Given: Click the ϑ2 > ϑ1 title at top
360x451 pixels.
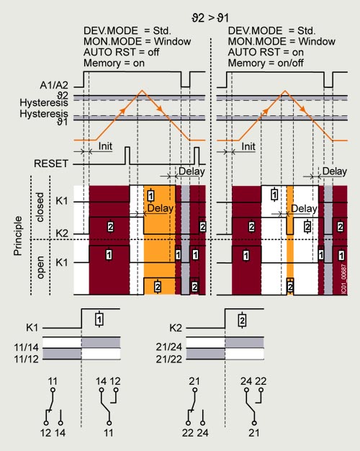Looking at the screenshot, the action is (210, 18).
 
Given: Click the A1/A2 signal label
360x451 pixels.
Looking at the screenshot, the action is (54, 85).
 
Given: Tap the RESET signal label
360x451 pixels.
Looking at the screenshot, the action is (51, 164).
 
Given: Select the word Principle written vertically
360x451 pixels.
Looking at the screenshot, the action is (18, 236).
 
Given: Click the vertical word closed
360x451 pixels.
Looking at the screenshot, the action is (40, 207).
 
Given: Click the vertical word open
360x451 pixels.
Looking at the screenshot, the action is (40, 267).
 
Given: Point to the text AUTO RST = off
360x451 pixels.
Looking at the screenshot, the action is (122, 53).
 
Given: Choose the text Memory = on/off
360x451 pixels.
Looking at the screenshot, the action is (266, 63).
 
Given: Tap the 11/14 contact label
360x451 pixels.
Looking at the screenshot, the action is (26, 347).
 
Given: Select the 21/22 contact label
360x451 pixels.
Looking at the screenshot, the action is (168, 360).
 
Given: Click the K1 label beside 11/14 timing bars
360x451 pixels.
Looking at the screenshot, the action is (32, 328).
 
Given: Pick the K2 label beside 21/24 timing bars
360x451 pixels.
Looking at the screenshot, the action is (176, 328).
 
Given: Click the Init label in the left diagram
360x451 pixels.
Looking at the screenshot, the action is (105, 146).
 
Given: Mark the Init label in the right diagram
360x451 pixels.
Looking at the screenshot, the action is (248, 146).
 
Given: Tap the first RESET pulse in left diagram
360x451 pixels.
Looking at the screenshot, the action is (127, 156).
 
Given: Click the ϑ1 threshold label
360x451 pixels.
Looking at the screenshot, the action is (62, 122).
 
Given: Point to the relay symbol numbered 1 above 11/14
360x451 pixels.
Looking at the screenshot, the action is (99, 319).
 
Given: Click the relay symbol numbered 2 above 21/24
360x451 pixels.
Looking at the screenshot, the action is (243, 319).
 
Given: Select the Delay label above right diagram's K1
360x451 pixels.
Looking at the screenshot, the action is (334, 171).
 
